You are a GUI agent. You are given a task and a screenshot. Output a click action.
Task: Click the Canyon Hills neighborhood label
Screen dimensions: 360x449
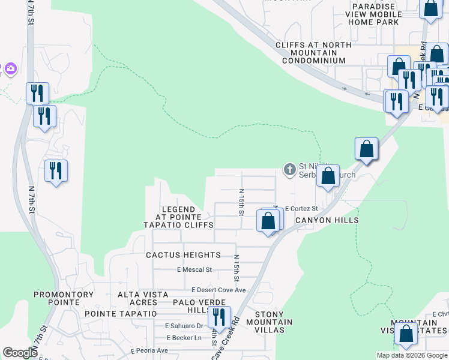pyautogui.click(x=327, y=220)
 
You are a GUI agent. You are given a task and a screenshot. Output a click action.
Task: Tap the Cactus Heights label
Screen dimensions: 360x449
pyautogui.click(x=183, y=255)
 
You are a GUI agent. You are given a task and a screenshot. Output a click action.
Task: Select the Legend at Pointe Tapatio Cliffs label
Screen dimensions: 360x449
pyautogui.click(x=178, y=217)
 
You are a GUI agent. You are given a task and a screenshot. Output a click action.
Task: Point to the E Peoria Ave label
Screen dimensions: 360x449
pyautogui.click(x=149, y=350)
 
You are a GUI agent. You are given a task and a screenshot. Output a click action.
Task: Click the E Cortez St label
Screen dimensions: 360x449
pyautogui.click(x=301, y=209)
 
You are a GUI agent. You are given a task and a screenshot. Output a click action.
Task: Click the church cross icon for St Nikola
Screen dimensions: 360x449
pyautogui.click(x=289, y=170)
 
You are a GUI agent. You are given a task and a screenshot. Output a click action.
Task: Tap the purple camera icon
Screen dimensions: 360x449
pyautogui.click(x=10, y=69)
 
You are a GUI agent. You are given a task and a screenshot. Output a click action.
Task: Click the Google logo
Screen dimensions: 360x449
pyautogui.click(x=20, y=352)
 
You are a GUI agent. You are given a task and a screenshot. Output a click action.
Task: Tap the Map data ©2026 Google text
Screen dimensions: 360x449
pyautogui.click(x=411, y=355)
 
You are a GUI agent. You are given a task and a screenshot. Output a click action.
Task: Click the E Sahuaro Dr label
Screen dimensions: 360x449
pyautogui.click(x=184, y=326)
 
